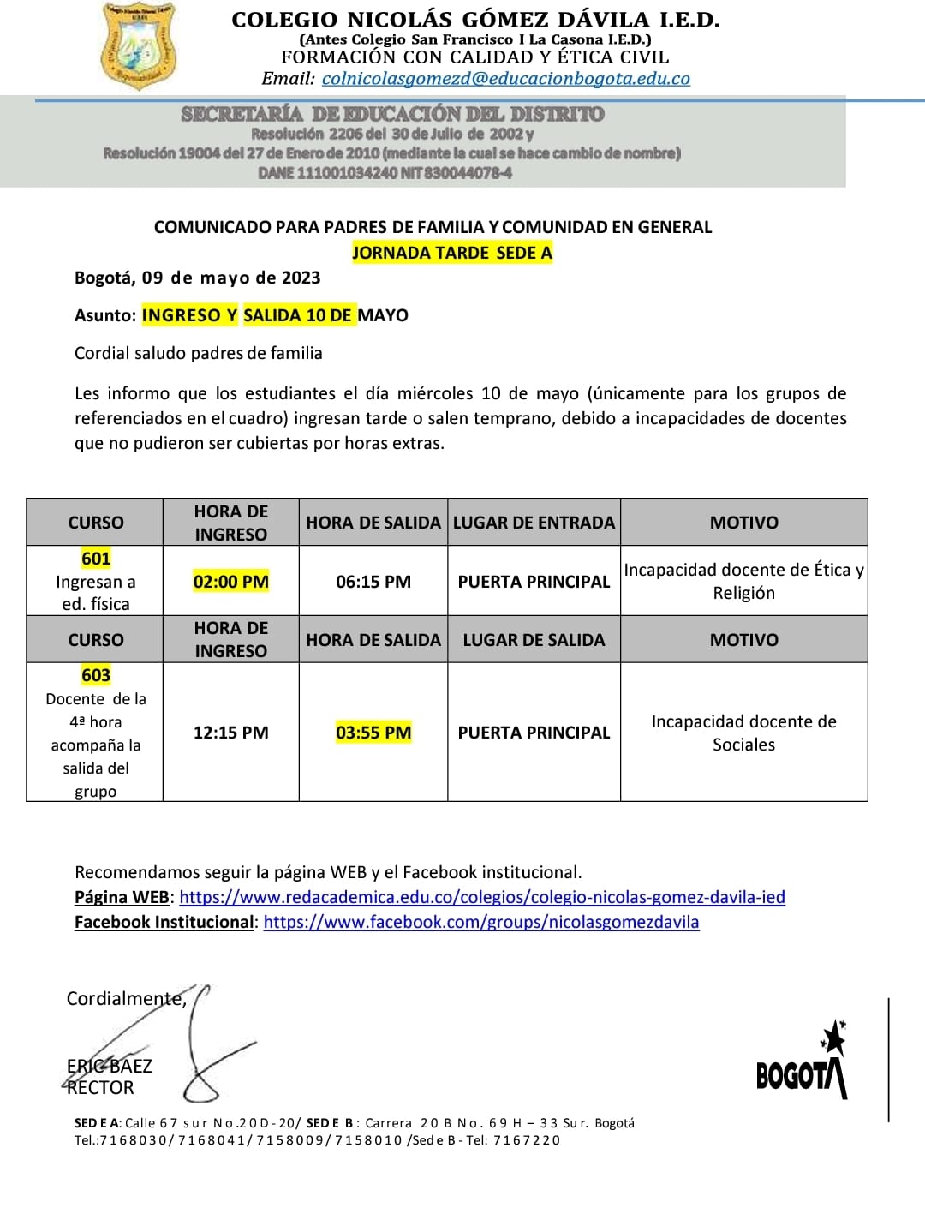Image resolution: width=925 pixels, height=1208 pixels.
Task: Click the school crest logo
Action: (x=138, y=46)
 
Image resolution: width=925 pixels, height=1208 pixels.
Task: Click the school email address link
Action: (x=505, y=79)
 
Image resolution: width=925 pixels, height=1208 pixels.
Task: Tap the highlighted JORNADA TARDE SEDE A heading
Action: (x=452, y=253)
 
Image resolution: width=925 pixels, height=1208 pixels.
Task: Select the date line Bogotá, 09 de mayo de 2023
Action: (x=197, y=278)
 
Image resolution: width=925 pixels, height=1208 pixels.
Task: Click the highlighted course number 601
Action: (x=96, y=559)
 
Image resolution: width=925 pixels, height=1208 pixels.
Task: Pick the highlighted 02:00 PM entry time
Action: (x=230, y=582)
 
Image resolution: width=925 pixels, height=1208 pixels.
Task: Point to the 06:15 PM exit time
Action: (x=373, y=582)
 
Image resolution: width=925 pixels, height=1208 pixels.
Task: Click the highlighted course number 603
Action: (x=96, y=675)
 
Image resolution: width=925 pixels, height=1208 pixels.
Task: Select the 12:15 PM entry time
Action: (x=230, y=733)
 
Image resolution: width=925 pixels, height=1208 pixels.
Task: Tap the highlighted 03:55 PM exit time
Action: (x=373, y=733)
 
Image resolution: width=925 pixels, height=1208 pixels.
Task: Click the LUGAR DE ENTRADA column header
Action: (x=534, y=523)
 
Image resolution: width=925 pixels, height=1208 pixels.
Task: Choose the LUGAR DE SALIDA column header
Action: (x=534, y=640)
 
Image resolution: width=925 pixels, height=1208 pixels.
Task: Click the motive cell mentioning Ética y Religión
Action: (x=743, y=581)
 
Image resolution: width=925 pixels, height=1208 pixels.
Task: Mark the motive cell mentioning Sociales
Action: (x=743, y=733)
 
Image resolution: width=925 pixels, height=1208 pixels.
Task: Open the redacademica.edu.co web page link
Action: (x=482, y=897)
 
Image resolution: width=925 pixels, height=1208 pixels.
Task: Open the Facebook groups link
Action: (x=481, y=922)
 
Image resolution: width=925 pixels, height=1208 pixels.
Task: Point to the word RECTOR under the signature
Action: (x=101, y=1088)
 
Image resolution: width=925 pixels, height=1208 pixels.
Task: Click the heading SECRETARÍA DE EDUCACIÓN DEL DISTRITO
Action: (x=392, y=114)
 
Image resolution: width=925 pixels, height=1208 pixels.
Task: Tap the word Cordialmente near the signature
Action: (x=126, y=999)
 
